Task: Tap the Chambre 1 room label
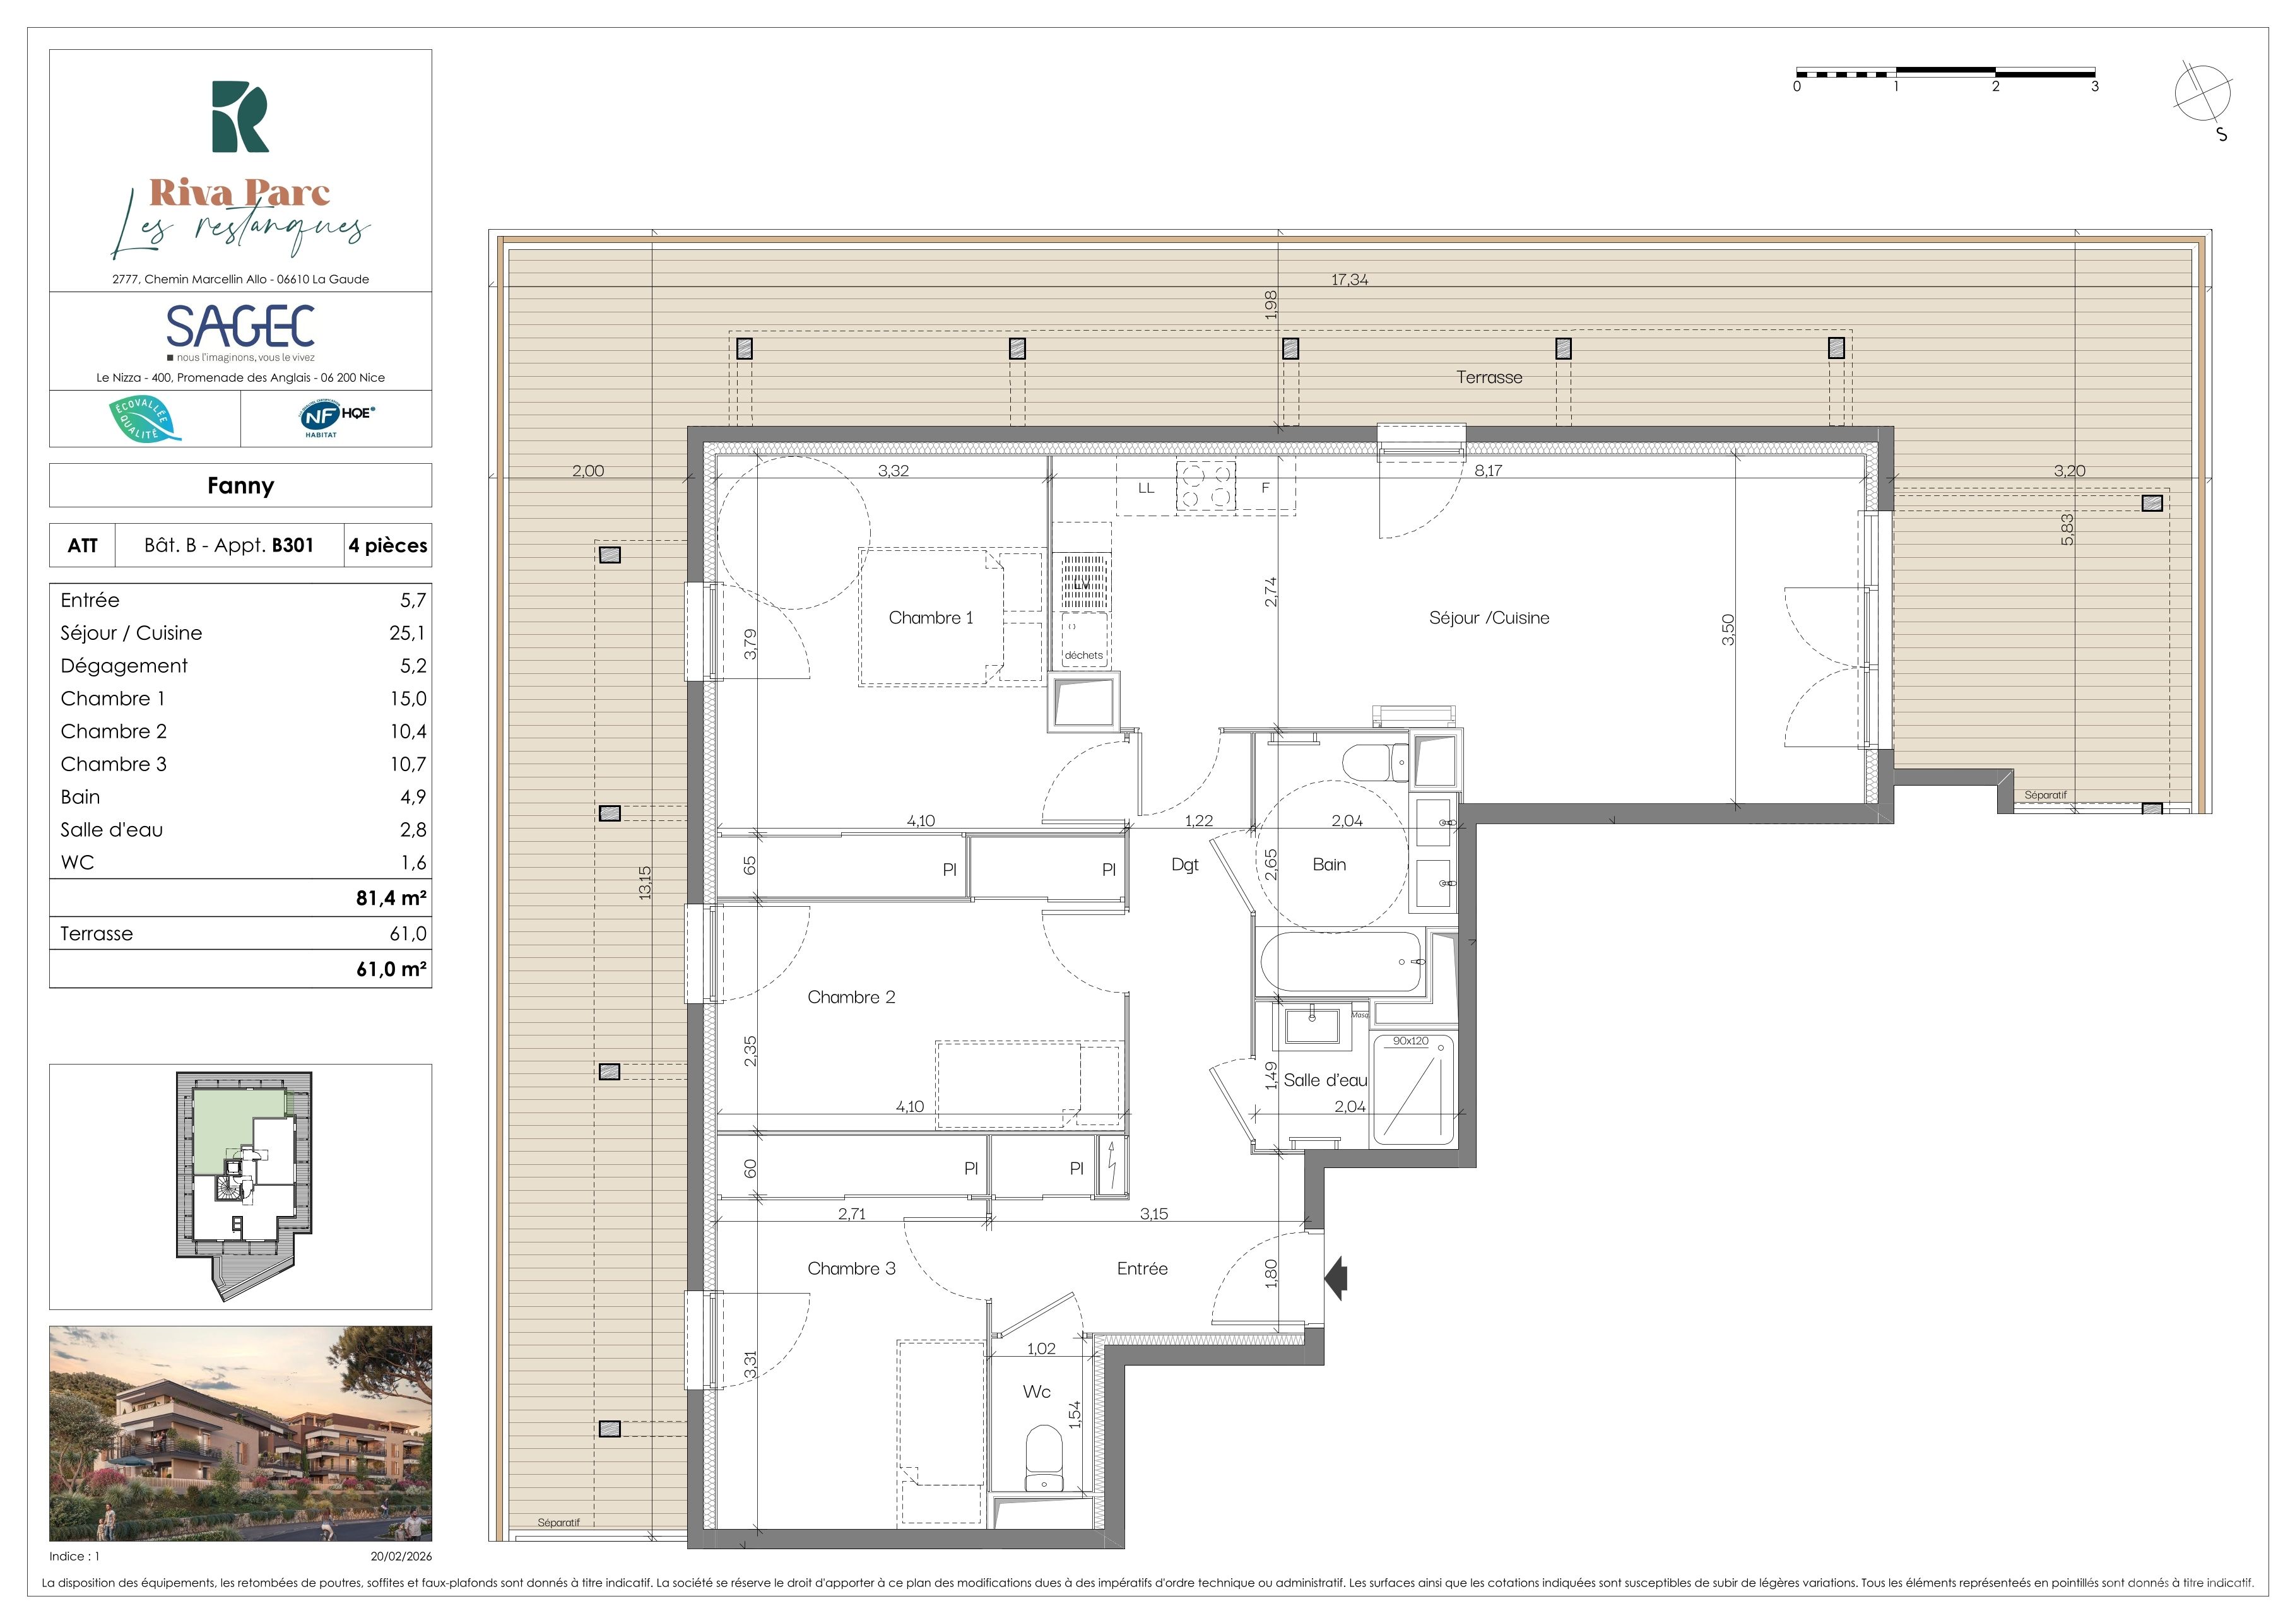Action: tap(931, 618)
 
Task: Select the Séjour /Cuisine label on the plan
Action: tap(1489, 618)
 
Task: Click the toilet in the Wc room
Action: tap(1044, 1458)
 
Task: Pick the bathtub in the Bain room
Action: tap(1342, 962)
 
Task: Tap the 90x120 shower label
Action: tap(1410, 1041)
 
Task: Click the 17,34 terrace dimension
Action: tap(1349, 280)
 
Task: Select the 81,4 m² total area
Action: tap(391, 897)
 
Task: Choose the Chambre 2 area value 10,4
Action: tap(408, 731)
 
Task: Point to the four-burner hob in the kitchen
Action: tap(1205, 486)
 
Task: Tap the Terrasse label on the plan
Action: tap(1489, 377)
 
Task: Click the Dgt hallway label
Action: tap(1184, 865)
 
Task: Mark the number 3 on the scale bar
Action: tap(2094, 86)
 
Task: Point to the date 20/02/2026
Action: tap(401, 1556)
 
